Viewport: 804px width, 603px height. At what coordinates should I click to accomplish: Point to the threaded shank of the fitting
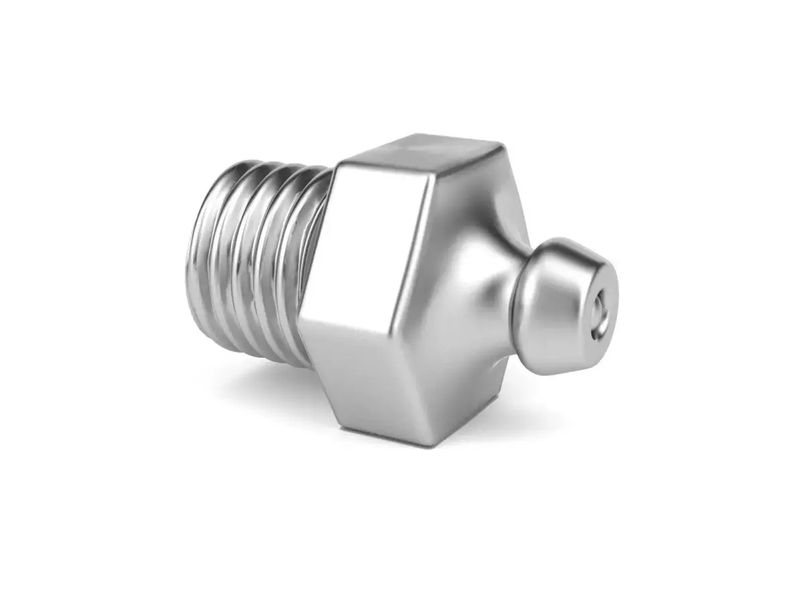255,261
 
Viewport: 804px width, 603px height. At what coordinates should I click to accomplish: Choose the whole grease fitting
402,295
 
